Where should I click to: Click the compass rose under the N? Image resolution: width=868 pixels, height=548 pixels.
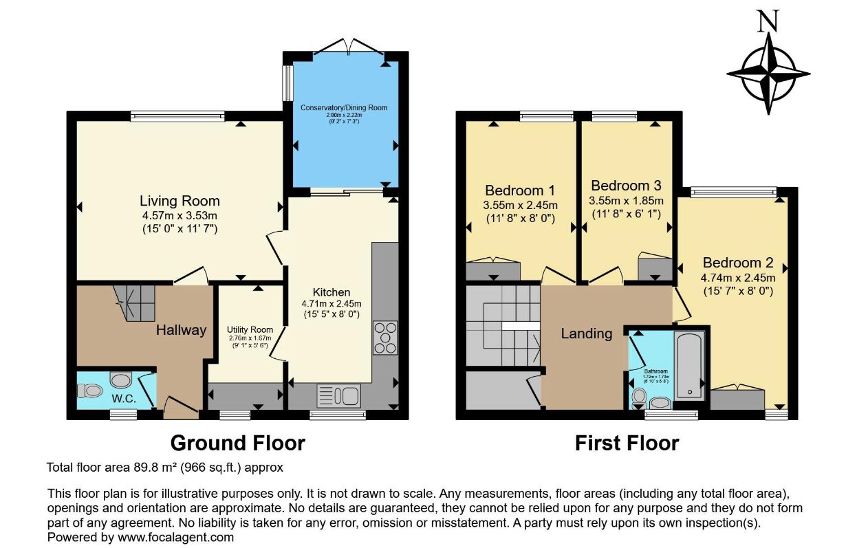tap(768, 73)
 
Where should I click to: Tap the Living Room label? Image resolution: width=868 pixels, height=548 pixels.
tap(180, 201)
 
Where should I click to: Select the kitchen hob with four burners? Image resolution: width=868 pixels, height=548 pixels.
tap(384, 338)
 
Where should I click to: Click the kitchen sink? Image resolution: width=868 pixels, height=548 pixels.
tap(338, 395)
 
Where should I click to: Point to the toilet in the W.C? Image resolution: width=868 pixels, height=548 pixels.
tap(90, 391)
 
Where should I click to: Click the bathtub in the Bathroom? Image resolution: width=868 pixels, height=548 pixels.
tap(688, 366)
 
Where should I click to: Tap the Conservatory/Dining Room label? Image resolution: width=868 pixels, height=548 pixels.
tap(344, 108)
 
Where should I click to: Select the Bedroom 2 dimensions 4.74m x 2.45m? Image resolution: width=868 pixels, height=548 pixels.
tap(738, 278)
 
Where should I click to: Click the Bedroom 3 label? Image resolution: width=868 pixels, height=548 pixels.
tap(626, 186)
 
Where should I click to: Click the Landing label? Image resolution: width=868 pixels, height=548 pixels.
tap(586, 333)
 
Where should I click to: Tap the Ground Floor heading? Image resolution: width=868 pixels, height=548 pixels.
tap(237, 443)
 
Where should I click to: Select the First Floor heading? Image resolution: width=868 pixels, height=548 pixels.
tap(627, 443)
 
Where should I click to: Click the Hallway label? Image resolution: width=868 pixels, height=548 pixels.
tap(181, 330)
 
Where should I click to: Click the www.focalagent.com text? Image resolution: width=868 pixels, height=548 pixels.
tap(175, 538)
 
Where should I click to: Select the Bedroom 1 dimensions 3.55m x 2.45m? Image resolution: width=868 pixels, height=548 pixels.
tap(521, 205)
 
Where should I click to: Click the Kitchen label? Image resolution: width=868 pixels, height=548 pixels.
tap(332, 292)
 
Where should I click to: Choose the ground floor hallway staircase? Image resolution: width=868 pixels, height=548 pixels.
tap(136, 303)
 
